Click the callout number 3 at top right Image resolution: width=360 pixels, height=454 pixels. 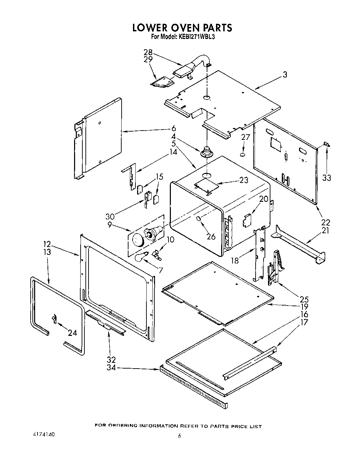click(285, 74)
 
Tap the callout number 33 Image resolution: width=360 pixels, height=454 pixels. click(327, 178)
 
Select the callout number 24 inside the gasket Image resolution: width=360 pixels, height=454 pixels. click(72, 333)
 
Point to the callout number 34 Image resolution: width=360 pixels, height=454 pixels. click(111, 368)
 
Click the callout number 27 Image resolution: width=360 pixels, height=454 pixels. click(245, 137)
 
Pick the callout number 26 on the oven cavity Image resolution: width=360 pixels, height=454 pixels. click(211, 236)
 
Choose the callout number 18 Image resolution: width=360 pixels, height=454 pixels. click(235, 261)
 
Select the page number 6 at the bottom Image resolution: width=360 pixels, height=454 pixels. click(179, 436)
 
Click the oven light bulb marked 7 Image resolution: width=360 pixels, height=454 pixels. click(141, 256)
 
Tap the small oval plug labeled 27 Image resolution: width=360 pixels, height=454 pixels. click(243, 155)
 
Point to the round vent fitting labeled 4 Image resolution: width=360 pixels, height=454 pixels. click(206, 152)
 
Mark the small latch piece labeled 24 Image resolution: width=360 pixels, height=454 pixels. click(54, 319)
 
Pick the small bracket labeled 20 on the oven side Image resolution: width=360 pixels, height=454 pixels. click(247, 219)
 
